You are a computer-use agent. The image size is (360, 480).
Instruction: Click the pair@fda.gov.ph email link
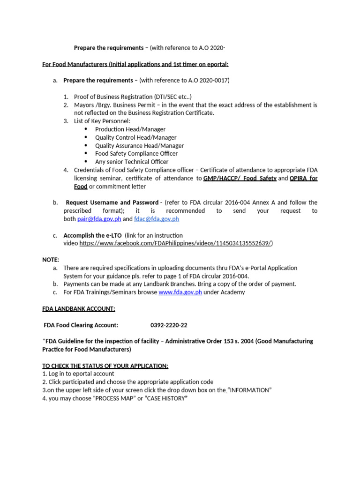(101, 219)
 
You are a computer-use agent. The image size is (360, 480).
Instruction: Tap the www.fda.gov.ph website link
(180, 292)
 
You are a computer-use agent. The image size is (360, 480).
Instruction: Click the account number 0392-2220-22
(168, 325)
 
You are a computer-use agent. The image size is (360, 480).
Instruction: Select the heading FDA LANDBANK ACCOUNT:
(79, 308)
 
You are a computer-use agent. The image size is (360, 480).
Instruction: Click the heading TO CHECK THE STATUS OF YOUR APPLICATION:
(105, 365)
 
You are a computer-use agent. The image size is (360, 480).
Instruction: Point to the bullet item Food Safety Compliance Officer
(136, 153)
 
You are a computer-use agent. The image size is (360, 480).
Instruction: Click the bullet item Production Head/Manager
(130, 129)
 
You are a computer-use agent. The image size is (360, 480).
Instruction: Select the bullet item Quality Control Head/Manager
(136, 137)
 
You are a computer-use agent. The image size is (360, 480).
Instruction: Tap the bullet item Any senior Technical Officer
(132, 162)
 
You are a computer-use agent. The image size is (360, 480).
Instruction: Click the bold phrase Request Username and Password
(112, 202)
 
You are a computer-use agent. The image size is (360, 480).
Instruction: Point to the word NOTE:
(51, 260)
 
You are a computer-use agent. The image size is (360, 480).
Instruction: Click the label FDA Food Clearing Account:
(81, 325)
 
